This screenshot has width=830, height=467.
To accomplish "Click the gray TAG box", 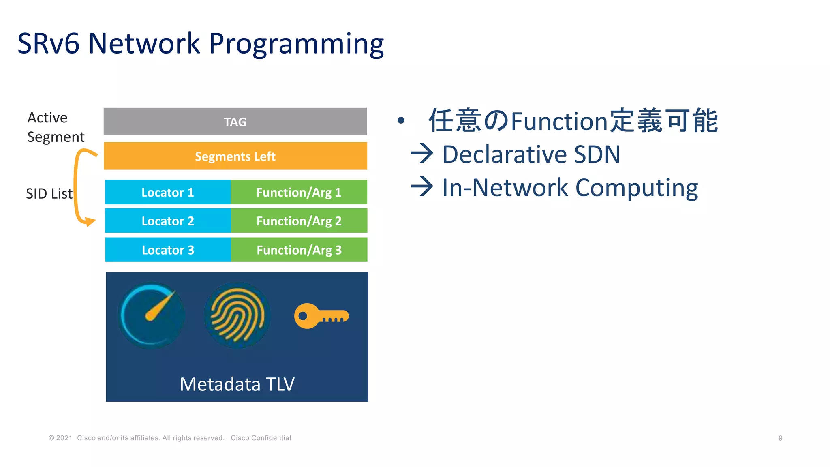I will [x=235, y=122].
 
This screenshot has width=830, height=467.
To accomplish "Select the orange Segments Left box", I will [x=235, y=156].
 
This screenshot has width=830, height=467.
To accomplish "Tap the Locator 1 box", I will [x=167, y=192].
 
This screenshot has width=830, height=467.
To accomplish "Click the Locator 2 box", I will [x=167, y=221].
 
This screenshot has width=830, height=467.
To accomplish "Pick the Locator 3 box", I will [x=168, y=250].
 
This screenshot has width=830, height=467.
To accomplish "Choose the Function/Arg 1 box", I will [x=299, y=192].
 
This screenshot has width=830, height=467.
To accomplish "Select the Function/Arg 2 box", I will [x=299, y=221].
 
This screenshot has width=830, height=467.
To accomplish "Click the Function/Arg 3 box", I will [x=299, y=250].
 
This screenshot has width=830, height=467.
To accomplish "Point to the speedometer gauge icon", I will [x=151, y=315].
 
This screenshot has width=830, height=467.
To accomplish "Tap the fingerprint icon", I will [x=237, y=315].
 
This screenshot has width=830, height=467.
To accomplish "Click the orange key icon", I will [x=321, y=316].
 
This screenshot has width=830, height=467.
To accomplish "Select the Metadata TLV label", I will [x=237, y=384].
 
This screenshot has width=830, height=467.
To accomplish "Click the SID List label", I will [x=49, y=194].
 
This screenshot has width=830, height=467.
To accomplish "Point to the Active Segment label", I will [x=56, y=127].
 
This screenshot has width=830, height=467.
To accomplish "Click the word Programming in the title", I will [x=296, y=44].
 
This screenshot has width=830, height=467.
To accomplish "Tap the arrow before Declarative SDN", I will [x=422, y=154].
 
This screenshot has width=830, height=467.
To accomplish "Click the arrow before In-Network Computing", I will [x=422, y=187].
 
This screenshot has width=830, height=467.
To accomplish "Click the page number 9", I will [x=780, y=438].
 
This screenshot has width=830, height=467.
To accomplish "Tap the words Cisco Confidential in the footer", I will [x=261, y=438].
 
